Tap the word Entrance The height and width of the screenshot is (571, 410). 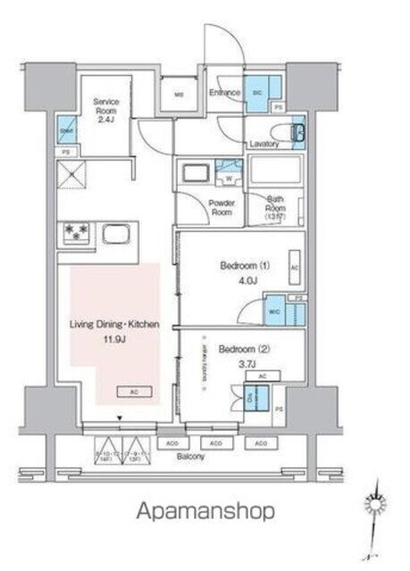coord(225,91)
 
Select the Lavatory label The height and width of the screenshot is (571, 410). coord(266,144)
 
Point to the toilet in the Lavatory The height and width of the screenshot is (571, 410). coord(298,135)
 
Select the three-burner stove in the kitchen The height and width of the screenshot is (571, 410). coord(76,236)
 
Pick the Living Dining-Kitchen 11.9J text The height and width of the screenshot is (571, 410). coord(115,331)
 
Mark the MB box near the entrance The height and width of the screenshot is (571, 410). coord(178,95)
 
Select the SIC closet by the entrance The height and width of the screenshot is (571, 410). coord(257,93)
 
